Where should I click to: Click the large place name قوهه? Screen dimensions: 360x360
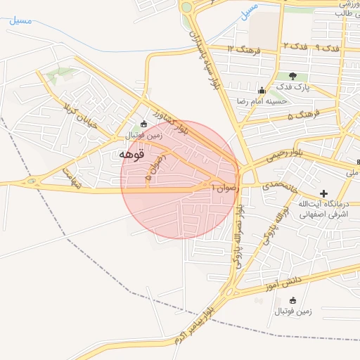tap(131, 154)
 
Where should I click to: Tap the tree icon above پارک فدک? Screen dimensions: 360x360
tap(292, 76)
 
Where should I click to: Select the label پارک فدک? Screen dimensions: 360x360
tap(292, 86)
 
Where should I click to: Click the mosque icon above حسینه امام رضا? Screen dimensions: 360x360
tap(262, 90)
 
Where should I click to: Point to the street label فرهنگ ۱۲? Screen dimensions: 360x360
tap(244, 49)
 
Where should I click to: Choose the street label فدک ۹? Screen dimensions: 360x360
tap(327, 46)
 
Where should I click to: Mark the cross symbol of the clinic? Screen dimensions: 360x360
tap(323, 193)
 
